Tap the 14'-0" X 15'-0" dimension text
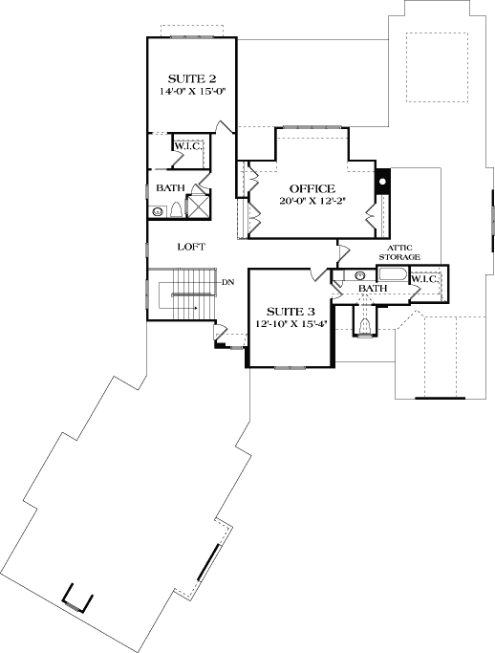[x=192, y=94]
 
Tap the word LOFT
[x=191, y=246]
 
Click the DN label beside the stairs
[x=227, y=282]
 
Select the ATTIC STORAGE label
[x=399, y=252]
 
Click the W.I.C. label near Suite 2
[x=185, y=146]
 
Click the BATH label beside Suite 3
[x=372, y=288]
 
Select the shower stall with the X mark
[x=199, y=207]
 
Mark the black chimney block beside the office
[x=381, y=179]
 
